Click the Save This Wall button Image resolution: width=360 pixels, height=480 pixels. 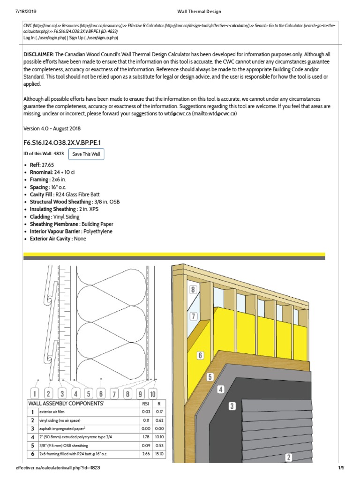(86, 154)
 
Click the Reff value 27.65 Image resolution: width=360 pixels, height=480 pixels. (48, 165)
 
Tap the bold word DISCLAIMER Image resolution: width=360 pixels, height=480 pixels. (39, 55)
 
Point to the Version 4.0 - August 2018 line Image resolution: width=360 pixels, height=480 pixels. (54, 128)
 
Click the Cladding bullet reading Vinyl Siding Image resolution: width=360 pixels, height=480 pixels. (67, 217)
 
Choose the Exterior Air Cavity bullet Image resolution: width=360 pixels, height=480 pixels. (57, 239)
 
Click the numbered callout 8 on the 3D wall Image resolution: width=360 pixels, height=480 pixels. (192, 290)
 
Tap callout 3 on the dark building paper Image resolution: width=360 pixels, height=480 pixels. (232, 406)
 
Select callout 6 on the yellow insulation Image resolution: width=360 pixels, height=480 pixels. (200, 355)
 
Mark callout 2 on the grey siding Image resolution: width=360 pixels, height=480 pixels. (289, 457)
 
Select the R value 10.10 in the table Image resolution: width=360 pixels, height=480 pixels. (158, 437)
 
